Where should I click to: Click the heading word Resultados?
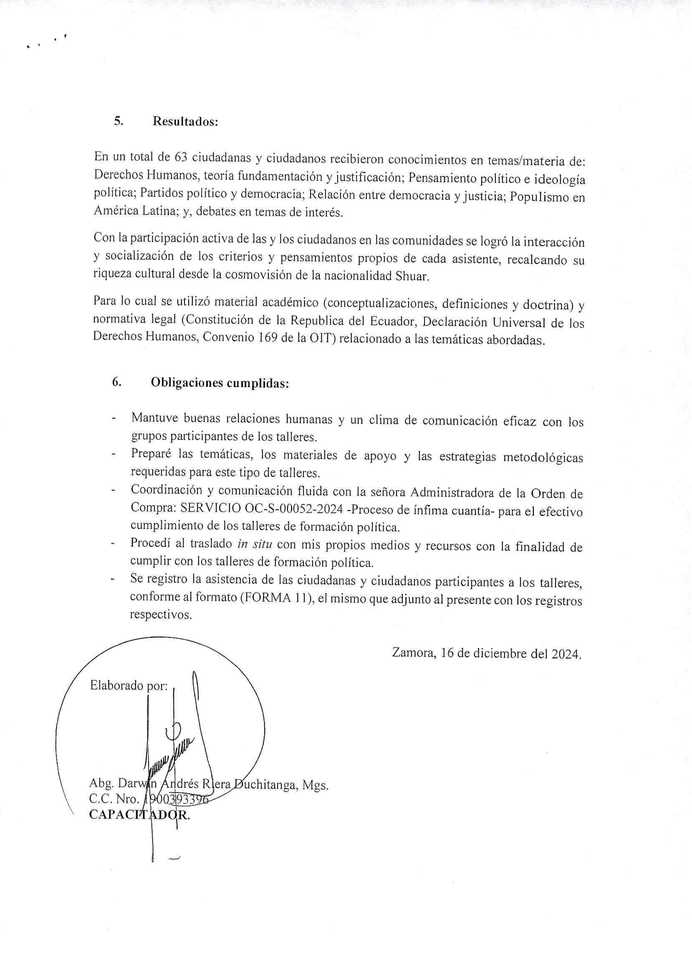(x=185, y=122)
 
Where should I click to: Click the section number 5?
(x=119, y=121)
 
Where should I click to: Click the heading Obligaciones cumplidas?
(x=220, y=383)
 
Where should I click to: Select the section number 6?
(x=117, y=383)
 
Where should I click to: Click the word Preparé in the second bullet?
(x=151, y=454)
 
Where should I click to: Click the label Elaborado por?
(x=129, y=686)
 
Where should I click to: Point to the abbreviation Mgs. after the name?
(x=315, y=785)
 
